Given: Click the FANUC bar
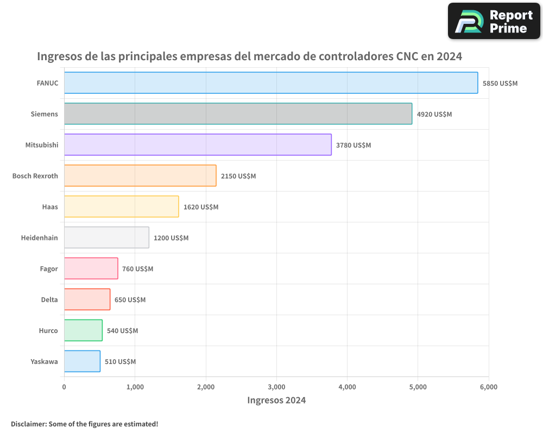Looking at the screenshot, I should coord(271,83).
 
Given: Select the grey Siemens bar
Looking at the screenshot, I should coord(238,114).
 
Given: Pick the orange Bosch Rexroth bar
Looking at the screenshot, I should coord(140,176).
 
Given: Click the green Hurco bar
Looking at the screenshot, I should coord(83,330).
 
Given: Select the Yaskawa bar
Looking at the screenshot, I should coord(82,361).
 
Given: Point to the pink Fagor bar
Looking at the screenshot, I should coord(91,269).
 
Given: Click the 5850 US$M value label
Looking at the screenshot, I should coord(500,84).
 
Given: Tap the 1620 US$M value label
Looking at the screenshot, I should coord(201,207).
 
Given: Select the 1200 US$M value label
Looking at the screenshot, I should coord(171,238).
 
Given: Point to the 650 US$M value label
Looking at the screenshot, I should coord(130,300).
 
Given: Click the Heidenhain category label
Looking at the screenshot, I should coord(39,238).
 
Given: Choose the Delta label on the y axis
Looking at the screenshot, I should coord(49,299).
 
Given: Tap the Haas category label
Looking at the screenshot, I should coord(50,207).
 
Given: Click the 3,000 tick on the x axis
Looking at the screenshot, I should coord(276,387).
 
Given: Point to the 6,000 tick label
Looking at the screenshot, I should coord(489,387).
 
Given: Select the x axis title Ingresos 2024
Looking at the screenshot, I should coord(276,400).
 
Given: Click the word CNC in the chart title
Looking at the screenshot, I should coord(407,56).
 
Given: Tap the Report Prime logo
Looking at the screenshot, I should coord(494,21).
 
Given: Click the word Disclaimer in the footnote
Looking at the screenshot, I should coord(28,424).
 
